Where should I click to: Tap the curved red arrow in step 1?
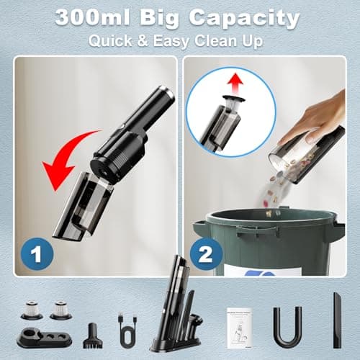coord(68,155)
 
